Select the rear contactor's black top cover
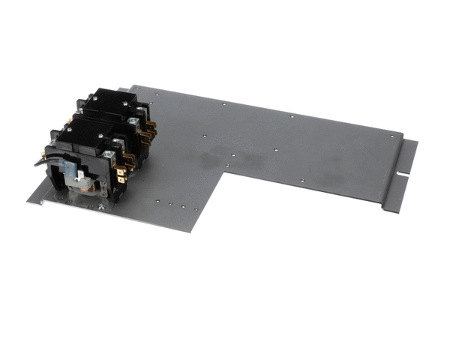click(x=105, y=102)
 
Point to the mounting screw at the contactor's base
click(x=100, y=204)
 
